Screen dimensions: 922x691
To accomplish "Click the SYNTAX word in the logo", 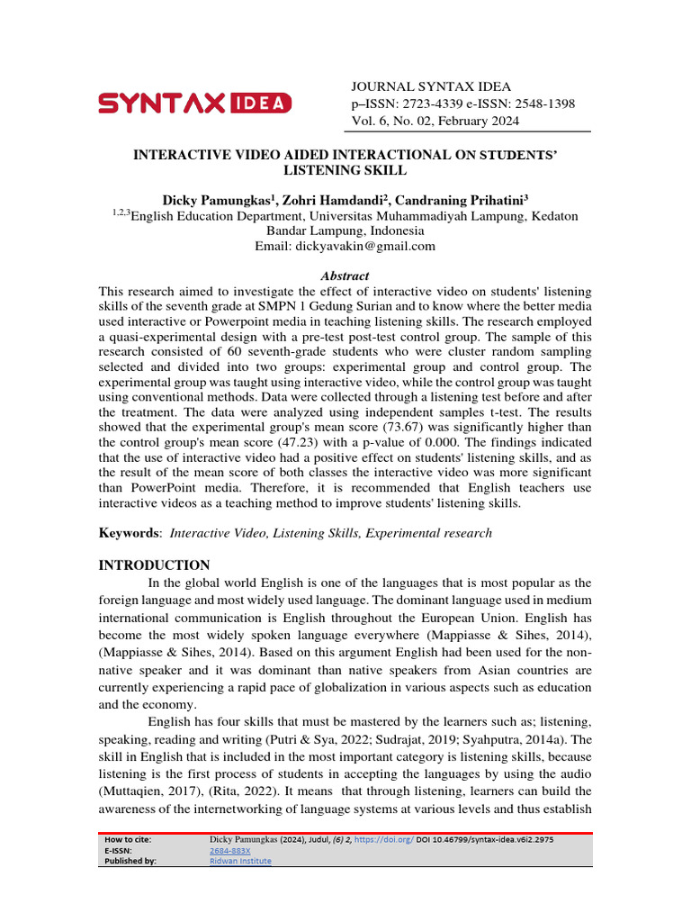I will pyautogui.click(x=161, y=104).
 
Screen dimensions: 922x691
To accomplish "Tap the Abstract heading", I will pyautogui.click(x=345, y=276).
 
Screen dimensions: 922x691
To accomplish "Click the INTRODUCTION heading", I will pyautogui.click(x=153, y=565).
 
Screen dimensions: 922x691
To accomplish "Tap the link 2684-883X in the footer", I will pyautogui.click(x=229, y=850).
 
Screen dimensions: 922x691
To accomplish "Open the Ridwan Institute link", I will pyautogui.click(x=239, y=861).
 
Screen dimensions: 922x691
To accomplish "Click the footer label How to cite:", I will pyautogui.click(x=128, y=839).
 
